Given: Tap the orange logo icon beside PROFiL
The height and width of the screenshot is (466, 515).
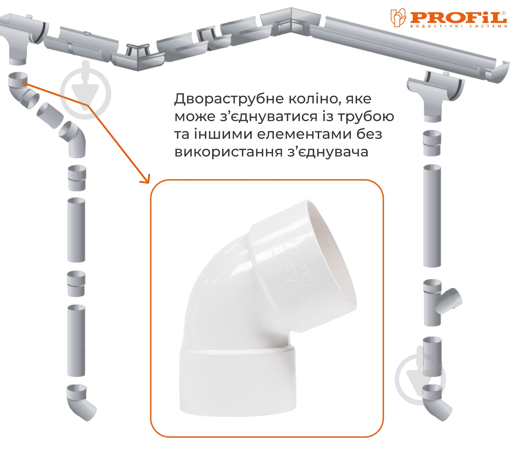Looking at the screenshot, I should click(398, 18).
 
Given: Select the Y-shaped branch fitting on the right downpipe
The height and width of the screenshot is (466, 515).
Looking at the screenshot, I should click(438, 302).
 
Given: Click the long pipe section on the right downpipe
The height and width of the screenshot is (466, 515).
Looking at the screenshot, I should click(432, 216).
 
